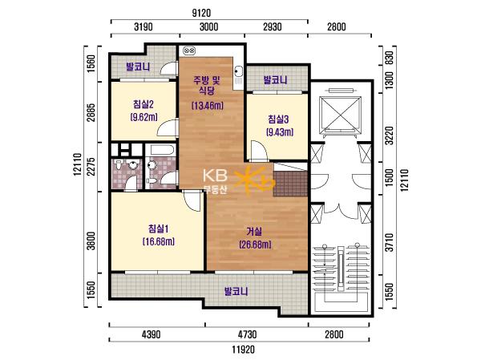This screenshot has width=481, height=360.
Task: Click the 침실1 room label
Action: pyautogui.click(x=158, y=229)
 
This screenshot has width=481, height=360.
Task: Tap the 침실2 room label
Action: pyautogui.click(x=143, y=104)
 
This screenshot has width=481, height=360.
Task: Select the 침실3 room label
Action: pyautogui.click(x=278, y=119)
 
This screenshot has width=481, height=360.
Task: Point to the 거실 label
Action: pyautogui.click(x=254, y=231)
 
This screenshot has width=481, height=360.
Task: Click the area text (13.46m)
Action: pyautogui.click(x=208, y=106)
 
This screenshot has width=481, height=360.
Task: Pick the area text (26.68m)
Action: pyautogui.click(x=255, y=245)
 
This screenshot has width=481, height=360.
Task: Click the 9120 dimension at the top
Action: pyautogui.click(x=201, y=13)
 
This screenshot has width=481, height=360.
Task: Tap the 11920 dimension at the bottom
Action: pyautogui.click(x=243, y=350)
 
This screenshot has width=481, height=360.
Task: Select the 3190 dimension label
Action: pyautogui.click(x=143, y=26)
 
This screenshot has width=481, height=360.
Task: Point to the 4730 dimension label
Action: pyautogui.click(x=247, y=334)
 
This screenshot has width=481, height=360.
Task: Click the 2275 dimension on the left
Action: pyautogui.click(x=91, y=166)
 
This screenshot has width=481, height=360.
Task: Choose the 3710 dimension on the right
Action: pyautogui.click(x=389, y=242)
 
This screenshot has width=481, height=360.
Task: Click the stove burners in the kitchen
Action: pyautogui.click(x=189, y=51)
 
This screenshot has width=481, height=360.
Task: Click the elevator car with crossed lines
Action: pyautogui.click(x=340, y=115)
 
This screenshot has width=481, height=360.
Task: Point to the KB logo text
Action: pyautogui.click(x=215, y=176)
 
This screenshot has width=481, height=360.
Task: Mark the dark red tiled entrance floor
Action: pyautogui.click(x=290, y=184)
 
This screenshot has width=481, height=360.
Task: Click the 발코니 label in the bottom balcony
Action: pyautogui.click(x=236, y=291)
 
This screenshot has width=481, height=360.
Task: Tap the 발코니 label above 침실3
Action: pyautogui.click(x=276, y=80)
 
